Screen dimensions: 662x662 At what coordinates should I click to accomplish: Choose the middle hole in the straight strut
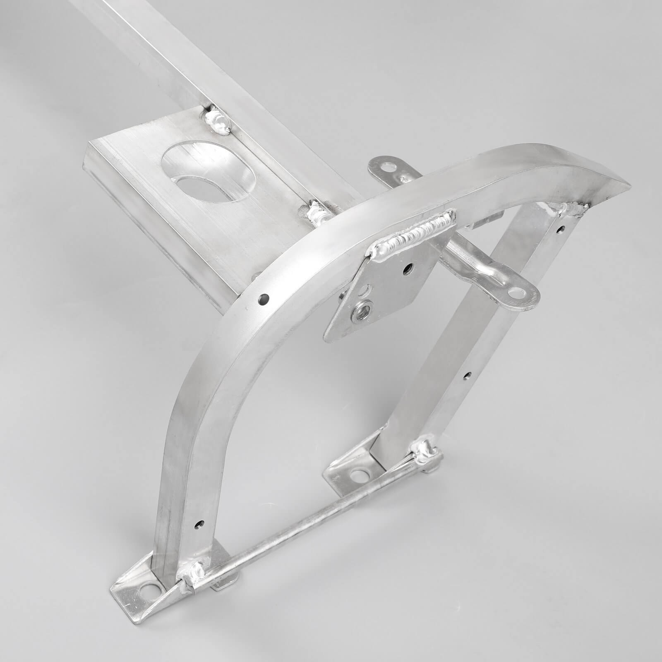pyautogui.click(x=467, y=376)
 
